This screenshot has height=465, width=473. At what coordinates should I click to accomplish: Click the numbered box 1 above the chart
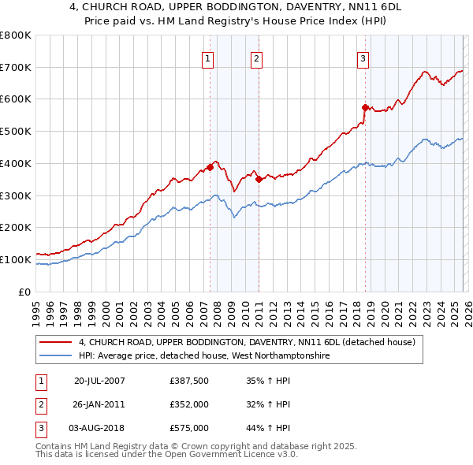point(207,58)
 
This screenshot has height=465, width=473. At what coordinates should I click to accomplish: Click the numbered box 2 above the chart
point(257,58)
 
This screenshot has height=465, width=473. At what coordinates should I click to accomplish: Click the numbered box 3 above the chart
point(363,58)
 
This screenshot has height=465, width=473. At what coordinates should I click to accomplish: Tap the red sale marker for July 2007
point(210,166)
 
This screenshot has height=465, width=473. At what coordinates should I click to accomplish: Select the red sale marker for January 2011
point(259,178)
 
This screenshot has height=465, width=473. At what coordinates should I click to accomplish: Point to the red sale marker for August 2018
point(365,107)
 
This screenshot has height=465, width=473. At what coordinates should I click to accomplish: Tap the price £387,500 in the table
point(189,380)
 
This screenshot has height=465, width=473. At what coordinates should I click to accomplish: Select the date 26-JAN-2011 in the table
point(99,404)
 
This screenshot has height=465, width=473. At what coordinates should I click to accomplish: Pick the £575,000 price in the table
point(189,428)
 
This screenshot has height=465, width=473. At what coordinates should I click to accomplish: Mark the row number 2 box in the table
point(39,404)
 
